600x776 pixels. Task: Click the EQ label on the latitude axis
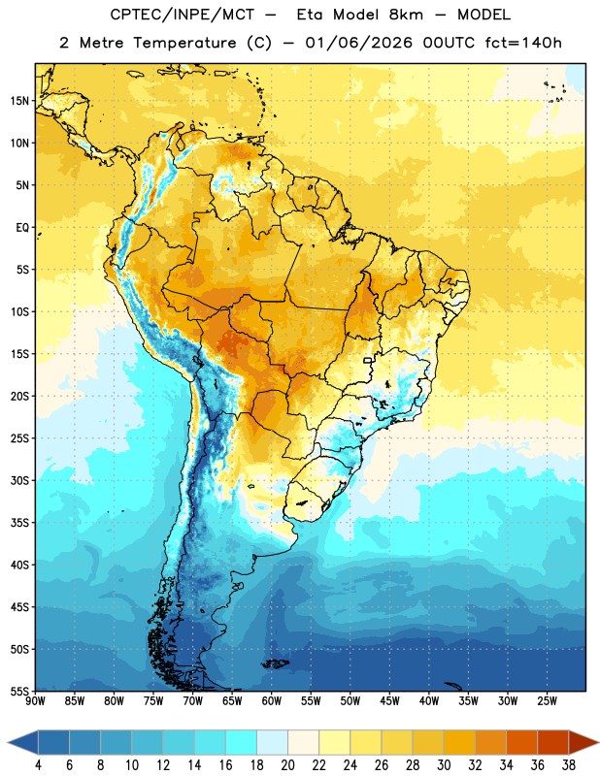22,228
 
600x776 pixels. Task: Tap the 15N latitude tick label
19,101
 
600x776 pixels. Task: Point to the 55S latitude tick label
19,691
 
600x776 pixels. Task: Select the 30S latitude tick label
19,480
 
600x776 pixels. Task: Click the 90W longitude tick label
35,701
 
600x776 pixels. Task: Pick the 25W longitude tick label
547,701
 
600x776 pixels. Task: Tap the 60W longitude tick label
272,701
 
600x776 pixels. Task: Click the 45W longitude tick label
390,701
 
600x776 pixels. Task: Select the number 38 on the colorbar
569,765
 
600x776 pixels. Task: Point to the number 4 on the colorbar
38,765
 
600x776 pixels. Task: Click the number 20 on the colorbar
287,765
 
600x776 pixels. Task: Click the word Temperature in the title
184,43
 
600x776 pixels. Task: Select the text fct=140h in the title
523,43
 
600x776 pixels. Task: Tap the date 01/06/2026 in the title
358,43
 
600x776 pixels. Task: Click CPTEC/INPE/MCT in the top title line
182,15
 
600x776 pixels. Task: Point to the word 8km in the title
406,15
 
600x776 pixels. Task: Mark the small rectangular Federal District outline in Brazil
368,360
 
